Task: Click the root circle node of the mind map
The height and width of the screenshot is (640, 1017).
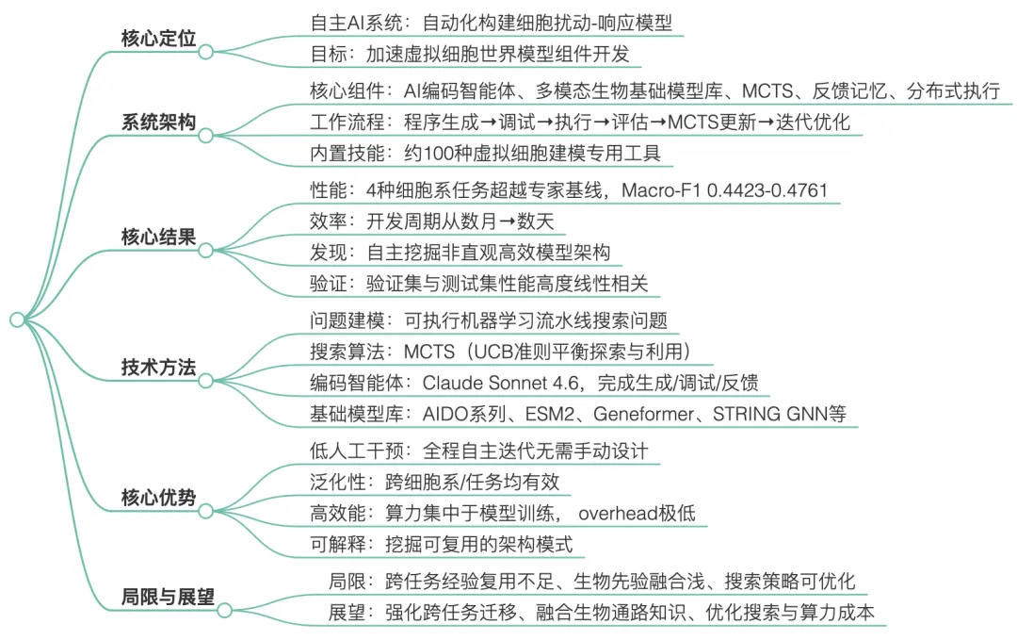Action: click(17, 320)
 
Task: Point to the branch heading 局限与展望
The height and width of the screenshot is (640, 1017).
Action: click(168, 598)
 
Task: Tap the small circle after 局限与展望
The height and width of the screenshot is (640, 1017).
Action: click(225, 612)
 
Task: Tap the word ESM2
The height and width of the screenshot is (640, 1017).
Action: click(557, 415)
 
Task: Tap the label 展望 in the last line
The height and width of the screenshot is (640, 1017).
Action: click(347, 613)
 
